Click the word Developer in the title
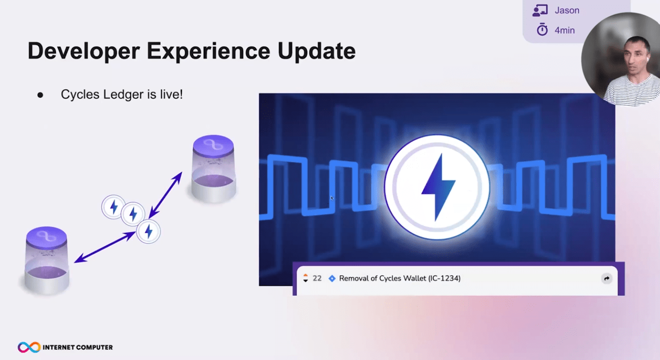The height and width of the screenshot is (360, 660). point(83,51)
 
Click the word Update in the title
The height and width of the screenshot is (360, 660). point(317,51)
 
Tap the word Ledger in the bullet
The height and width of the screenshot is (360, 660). point(123,95)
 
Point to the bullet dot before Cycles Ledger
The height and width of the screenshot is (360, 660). point(40,95)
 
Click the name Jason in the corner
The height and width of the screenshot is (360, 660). point(567,10)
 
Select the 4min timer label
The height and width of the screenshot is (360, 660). point(564,30)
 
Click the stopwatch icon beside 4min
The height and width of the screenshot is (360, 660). point(542,29)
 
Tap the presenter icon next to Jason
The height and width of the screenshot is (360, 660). point(540,10)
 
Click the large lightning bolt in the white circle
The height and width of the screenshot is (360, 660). point(438,187)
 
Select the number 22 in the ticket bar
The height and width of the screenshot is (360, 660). point(317,278)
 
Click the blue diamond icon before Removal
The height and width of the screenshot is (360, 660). point(332,278)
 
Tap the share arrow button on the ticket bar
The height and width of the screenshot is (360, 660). point(606,278)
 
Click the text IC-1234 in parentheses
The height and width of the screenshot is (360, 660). point(444,278)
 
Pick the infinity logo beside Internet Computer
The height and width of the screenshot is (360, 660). point(29,347)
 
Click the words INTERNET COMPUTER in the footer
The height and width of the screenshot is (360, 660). point(78,347)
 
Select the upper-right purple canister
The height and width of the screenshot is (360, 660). point(214,169)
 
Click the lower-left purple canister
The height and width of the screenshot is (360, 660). point(47,260)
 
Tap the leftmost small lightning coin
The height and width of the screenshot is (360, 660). point(113,207)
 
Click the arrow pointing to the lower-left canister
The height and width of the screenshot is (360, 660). point(105,247)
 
